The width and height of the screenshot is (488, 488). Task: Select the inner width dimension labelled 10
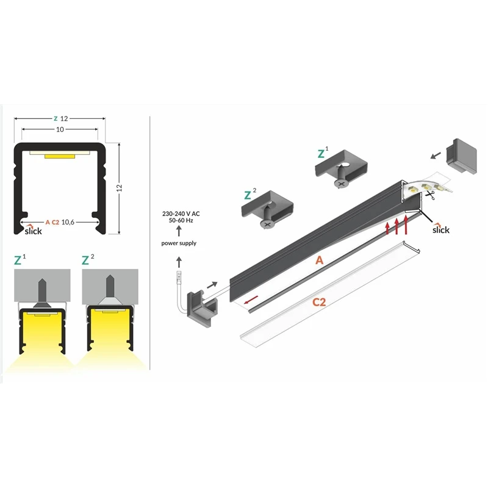(60, 130)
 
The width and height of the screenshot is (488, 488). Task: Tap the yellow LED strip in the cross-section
(59, 157)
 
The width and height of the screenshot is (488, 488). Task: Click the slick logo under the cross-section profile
(34, 230)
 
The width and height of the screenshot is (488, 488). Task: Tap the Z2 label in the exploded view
(249, 195)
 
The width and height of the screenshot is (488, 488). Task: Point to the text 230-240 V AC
(178, 213)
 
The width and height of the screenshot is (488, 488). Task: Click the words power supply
(178, 243)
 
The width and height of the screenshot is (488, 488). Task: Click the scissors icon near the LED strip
(431, 195)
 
